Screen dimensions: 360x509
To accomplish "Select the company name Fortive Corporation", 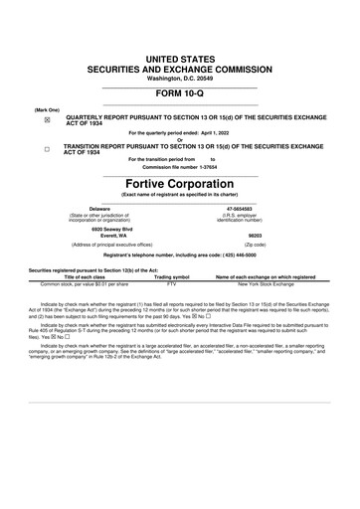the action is pos(179,184).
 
